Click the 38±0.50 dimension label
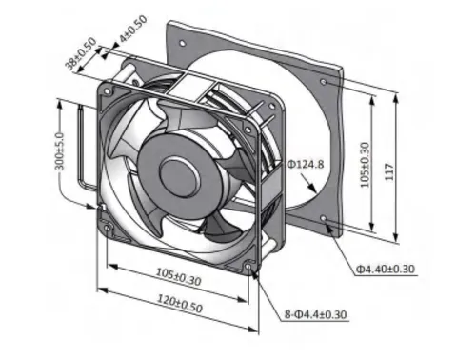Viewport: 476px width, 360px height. [x=81, y=53]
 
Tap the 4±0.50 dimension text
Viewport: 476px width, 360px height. [x=133, y=29]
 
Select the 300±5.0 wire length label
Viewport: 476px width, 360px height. [x=60, y=151]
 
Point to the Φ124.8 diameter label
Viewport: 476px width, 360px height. [x=306, y=164]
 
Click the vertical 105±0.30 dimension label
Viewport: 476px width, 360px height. [x=366, y=165]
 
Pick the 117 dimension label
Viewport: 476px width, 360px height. [x=389, y=172]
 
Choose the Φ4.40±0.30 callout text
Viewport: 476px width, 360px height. [x=385, y=270]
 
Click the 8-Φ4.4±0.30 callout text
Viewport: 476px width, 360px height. [x=315, y=314]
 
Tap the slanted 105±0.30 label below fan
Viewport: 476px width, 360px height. [x=178, y=276]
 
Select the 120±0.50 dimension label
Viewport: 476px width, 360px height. [x=180, y=304]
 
